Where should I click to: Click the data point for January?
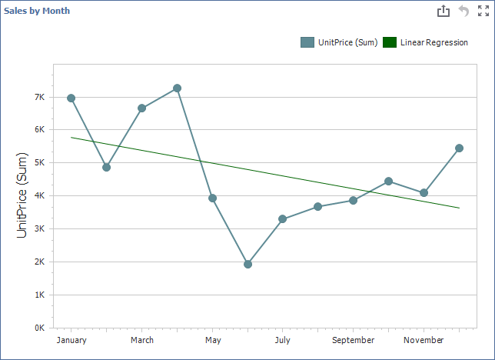(71, 98)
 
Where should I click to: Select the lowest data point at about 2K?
(247, 264)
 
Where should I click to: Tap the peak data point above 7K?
(177, 88)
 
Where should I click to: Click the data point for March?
(141, 108)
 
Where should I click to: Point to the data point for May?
(212, 198)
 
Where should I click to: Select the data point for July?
(282, 219)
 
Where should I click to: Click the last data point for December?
(459, 148)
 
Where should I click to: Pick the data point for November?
(424, 192)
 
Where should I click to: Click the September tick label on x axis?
(353, 340)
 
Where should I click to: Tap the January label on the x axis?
(71, 340)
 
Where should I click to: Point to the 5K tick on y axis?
(38, 163)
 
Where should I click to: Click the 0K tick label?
(38, 328)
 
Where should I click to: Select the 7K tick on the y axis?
(38, 98)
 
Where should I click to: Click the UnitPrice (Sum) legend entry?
(339, 42)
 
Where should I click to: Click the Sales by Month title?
(37, 11)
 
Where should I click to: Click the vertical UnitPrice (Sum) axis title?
(22, 195)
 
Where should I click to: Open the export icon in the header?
(443, 11)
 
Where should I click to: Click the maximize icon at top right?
(483, 11)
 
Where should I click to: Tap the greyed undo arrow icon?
(463, 11)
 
